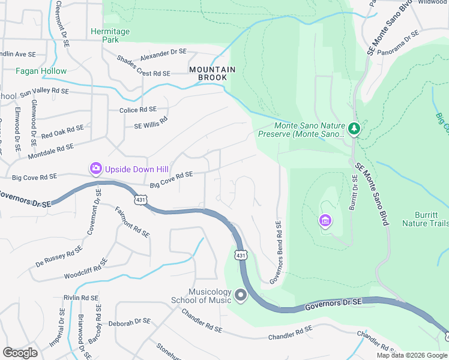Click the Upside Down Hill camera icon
95,169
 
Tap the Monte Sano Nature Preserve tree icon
354,128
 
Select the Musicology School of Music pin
241,295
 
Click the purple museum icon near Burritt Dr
325,221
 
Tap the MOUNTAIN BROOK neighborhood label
208,74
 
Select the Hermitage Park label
105,35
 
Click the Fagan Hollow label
41,71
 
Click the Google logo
20,353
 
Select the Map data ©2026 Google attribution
411,355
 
